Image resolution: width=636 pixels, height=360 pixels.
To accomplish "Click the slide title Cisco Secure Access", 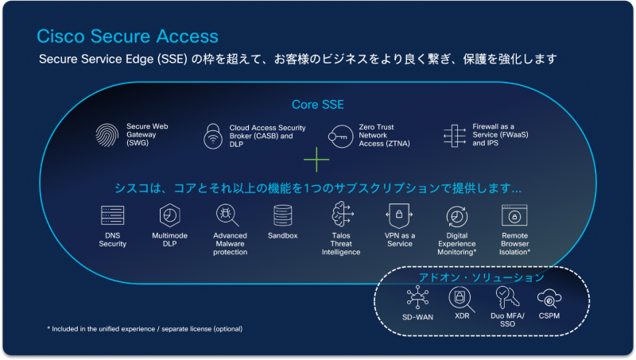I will click(x=127, y=37).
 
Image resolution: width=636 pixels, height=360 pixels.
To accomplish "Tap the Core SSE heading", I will click(x=317, y=105).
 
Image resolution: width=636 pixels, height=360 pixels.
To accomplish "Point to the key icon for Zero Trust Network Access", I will click(x=339, y=136).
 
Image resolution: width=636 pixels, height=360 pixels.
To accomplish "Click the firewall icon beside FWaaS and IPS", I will click(x=454, y=136).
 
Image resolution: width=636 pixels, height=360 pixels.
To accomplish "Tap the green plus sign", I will click(x=316, y=161).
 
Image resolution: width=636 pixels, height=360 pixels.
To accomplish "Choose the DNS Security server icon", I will click(x=112, y=215).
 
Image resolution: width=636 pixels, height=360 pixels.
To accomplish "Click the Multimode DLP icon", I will click(x=169, y=215).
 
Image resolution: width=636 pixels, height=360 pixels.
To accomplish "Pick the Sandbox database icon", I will click(x=282, y=215).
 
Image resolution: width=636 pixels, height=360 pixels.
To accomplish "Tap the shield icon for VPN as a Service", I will click(x=397, y=215).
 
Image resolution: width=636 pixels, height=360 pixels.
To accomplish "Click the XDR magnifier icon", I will click(x=460, y=299).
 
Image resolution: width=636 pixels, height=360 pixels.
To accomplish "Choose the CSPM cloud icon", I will click(x=549, y=300).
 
